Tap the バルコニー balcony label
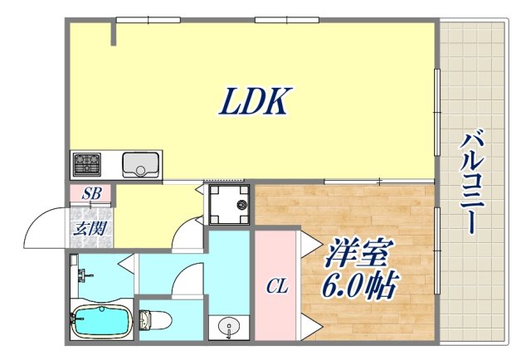pos(470,182)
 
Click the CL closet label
pos(276,287)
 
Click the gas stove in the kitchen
pos(86,165)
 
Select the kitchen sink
pos(141,165)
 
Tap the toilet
pos(156,319)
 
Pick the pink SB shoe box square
pos(90,196)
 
